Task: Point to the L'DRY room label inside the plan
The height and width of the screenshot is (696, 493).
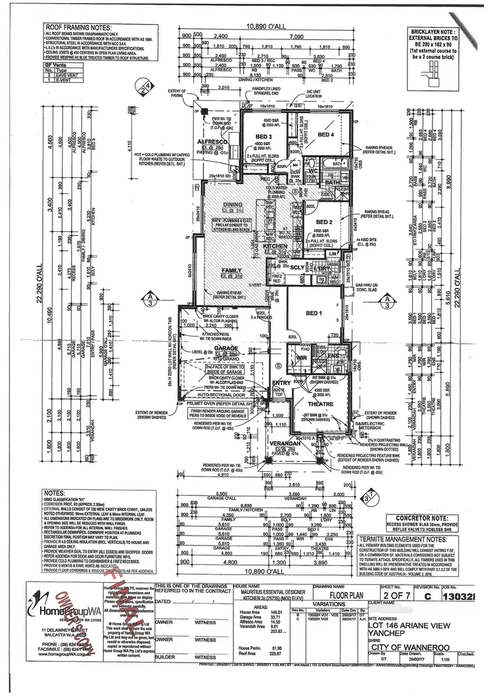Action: pyautogui.click(x=321, y=268)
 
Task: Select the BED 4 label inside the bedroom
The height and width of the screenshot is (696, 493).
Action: pyautogui.click(x=327, y=135)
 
